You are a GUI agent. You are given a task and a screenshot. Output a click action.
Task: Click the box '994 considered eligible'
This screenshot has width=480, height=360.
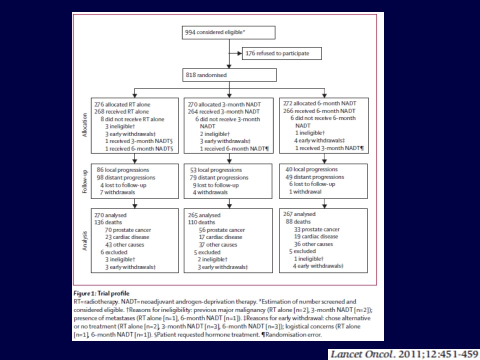pos(229,32)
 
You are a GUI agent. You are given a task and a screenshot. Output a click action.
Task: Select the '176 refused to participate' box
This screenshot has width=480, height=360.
pos(279,53)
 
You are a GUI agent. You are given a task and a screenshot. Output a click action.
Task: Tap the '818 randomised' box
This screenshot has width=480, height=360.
pos(229,75)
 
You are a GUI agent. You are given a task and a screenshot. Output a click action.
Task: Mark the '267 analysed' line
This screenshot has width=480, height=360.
pos(302,214)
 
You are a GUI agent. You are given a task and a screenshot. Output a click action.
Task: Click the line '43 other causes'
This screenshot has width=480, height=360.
pos(124,245)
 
